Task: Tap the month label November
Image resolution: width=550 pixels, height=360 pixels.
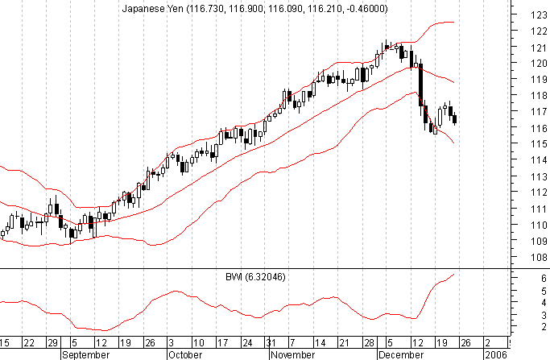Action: point(289,354)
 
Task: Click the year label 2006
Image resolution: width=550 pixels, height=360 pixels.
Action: point(495,354)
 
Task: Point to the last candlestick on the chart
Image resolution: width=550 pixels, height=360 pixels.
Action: point(455,120)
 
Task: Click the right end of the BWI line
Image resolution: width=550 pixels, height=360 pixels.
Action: point(454,275)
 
